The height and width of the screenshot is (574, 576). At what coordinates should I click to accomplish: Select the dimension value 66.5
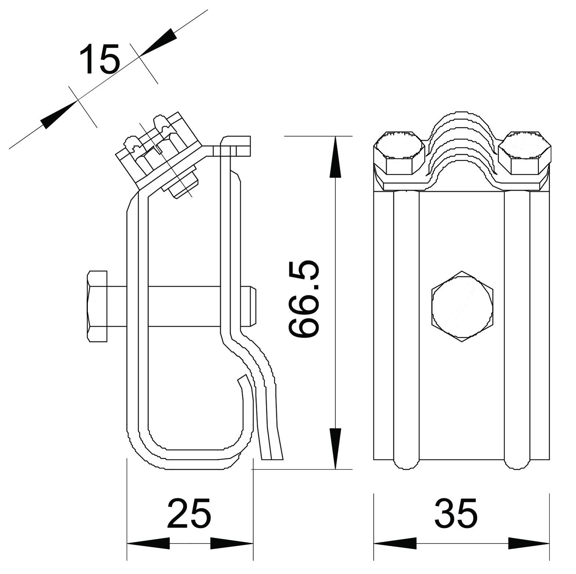[303, 300]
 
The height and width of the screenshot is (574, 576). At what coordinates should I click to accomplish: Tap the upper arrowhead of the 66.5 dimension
[335, 157]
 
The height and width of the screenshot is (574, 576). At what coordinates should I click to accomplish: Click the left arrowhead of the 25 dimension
[148, 543]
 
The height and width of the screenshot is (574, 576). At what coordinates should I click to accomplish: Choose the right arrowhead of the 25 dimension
[232, 543]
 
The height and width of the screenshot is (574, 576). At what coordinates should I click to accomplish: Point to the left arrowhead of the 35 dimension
[395, 543]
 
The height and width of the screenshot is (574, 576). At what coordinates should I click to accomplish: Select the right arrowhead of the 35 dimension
[529, 543]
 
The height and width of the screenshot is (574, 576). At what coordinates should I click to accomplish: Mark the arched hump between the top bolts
[462, 147]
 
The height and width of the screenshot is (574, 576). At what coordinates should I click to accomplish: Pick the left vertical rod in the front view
[406, 330]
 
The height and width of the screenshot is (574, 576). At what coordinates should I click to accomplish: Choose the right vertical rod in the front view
[517, 330]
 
